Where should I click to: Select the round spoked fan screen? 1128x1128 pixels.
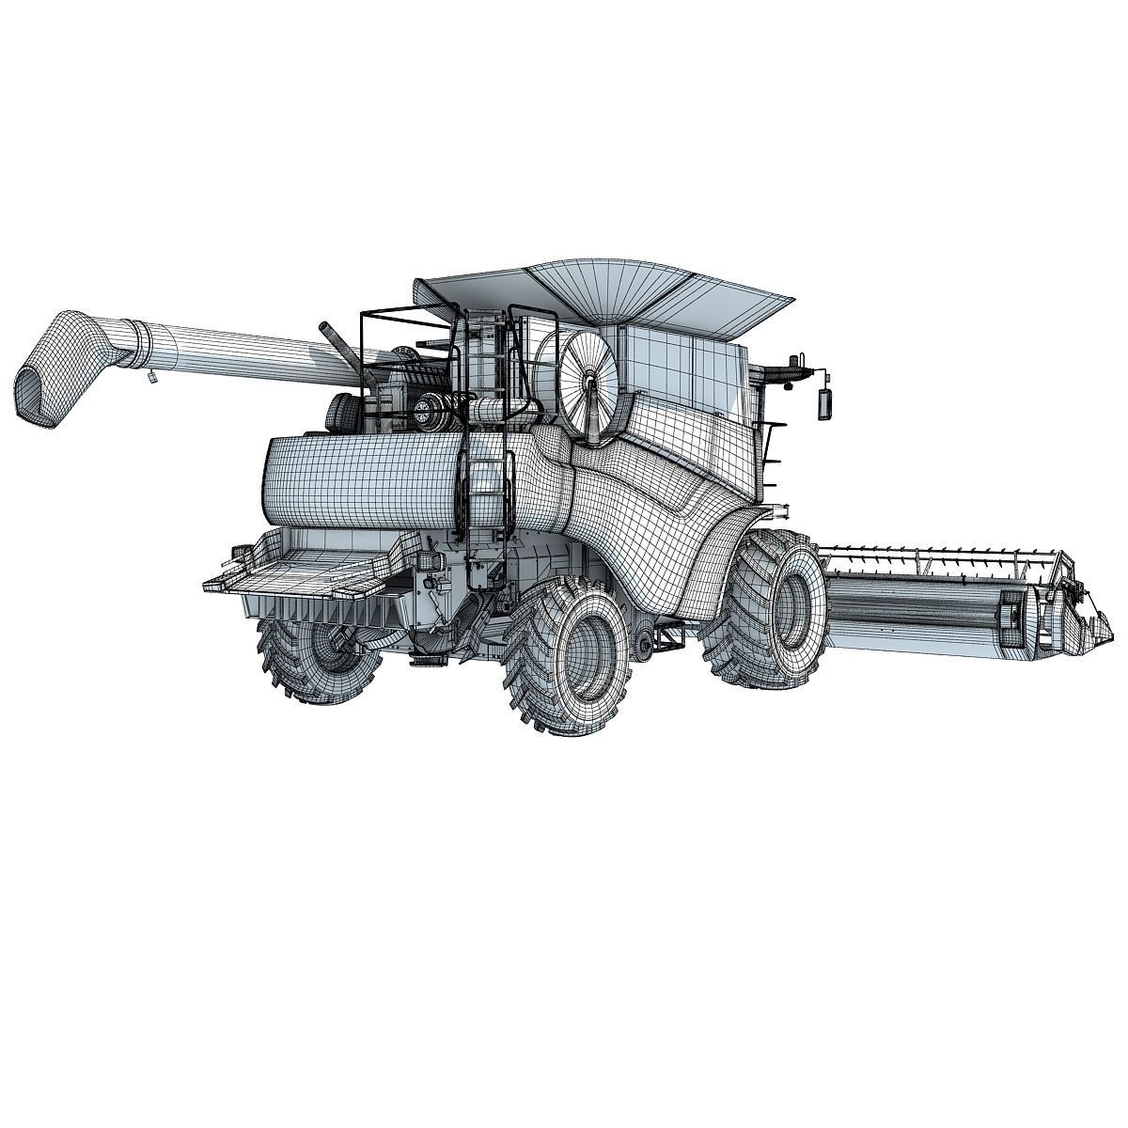pyautogui.click(x=588, y=381)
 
